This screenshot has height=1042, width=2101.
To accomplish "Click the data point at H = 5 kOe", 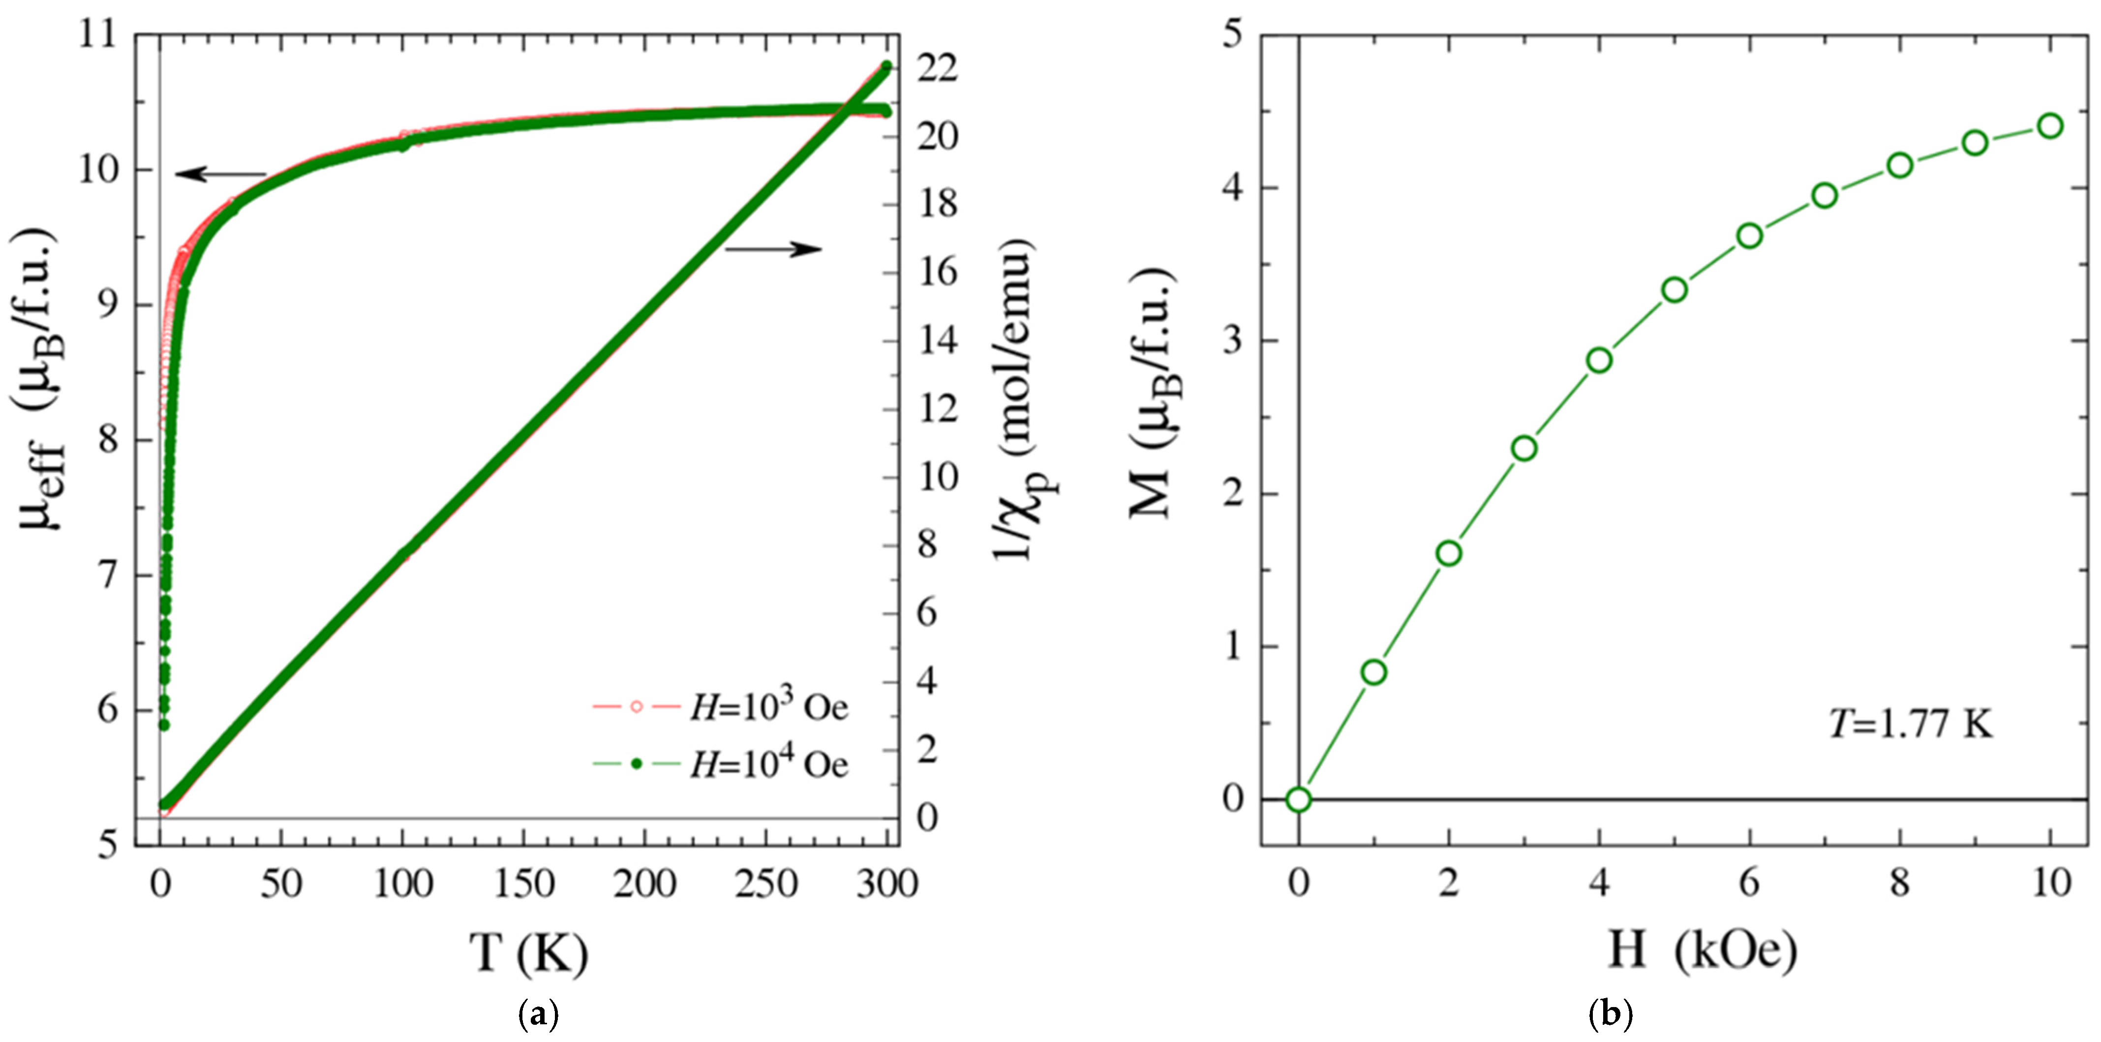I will point(1675,290).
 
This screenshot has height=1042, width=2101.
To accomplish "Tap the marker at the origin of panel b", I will point(1299,799).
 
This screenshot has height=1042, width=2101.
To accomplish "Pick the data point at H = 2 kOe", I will point(1449,553).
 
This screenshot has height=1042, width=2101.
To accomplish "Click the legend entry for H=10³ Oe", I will point(721,707).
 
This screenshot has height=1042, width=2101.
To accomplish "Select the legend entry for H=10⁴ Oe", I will point(721,764).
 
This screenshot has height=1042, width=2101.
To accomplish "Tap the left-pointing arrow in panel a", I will point(220,174).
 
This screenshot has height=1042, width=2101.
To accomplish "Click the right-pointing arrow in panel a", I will point(773,249).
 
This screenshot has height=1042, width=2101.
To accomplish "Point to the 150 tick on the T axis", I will point(523,884).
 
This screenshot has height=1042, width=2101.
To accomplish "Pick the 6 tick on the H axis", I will point(1749,884).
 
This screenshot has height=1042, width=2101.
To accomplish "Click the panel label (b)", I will point(1611,1014).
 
